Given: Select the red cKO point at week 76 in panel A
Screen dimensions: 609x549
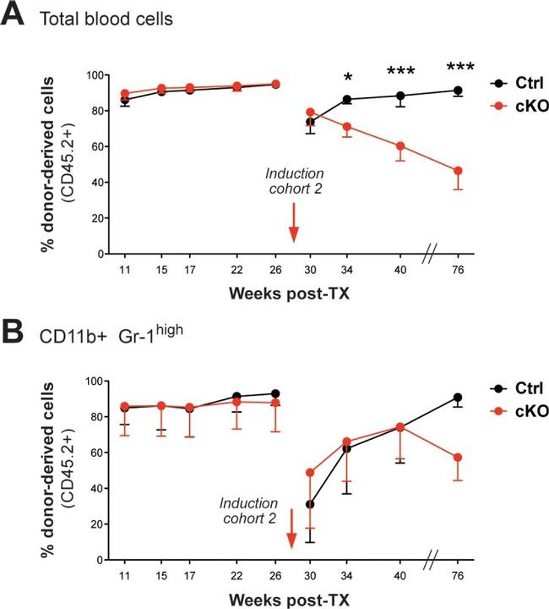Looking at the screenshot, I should tap(458, 171).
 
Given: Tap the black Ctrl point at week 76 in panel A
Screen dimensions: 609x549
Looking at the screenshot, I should tap(458, 91).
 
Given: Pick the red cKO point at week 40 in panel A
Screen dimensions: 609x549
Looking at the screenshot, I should tap(400, 146).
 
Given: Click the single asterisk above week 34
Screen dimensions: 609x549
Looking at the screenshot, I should tap(347, 78).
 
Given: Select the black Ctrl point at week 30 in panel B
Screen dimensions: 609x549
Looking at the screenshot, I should tap(310, 504).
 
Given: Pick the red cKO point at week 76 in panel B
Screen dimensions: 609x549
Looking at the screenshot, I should tap(458, 458).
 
